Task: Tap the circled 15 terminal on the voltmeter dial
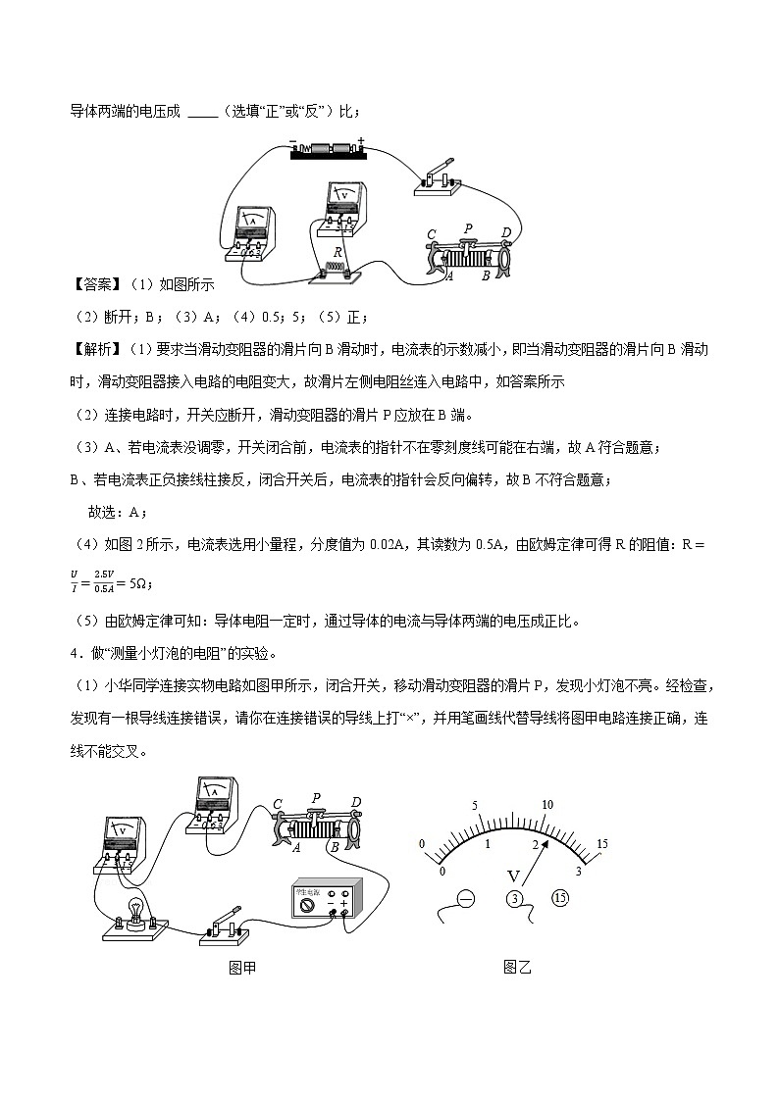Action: point(560,898)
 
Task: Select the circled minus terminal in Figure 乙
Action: point(465,898)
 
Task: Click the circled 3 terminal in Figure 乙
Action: point(515,899)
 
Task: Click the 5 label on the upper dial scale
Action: point(475,806)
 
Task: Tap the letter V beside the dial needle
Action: point(511,875)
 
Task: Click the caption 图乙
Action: point(516,968)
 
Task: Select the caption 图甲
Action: point(241,968)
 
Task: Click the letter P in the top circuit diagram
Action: point(468,228)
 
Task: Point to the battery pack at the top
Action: point(327,149)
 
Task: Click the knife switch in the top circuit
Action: point(440,177)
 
